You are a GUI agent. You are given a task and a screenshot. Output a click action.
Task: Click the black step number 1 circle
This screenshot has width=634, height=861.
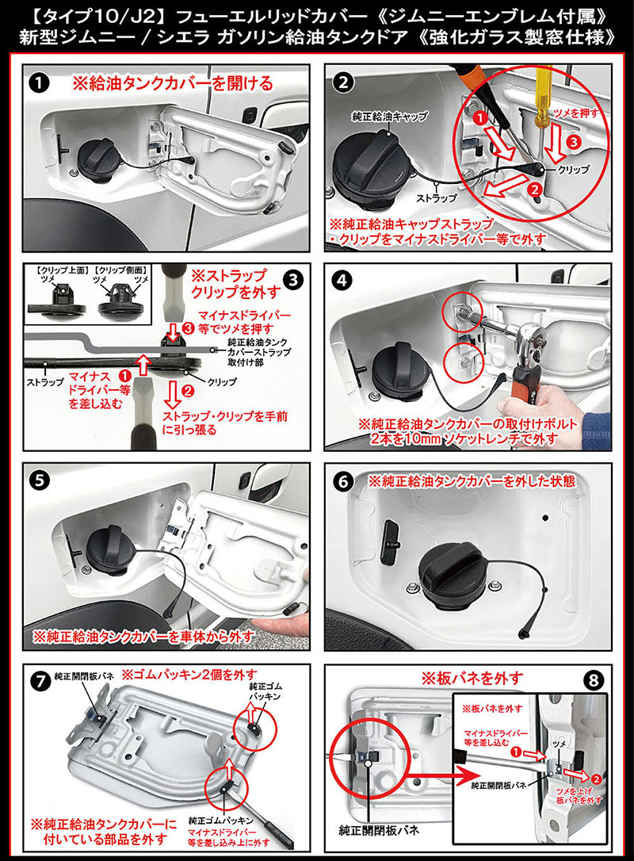pos(40,83)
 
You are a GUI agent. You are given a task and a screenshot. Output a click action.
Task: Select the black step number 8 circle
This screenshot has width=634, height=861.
pos(594,681)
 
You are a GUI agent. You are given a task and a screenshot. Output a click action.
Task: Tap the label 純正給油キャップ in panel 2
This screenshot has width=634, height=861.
pos(389,117)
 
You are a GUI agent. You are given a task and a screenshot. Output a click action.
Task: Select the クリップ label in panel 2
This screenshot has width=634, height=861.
pos(574,170)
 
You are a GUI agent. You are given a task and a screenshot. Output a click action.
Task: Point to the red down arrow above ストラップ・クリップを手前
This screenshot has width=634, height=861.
pos(173,395)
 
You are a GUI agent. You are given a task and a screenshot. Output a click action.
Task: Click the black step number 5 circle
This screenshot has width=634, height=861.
pos(40,480)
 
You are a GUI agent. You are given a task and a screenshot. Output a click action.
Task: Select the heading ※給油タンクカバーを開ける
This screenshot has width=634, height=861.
pos(173,83)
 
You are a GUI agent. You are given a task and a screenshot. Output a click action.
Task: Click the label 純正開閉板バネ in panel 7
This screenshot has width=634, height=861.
pos(84,676)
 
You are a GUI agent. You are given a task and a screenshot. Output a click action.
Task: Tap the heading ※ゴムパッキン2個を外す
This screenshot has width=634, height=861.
pos(189,675)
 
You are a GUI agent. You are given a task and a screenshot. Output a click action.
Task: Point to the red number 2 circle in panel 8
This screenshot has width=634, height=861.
pos(597,779)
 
